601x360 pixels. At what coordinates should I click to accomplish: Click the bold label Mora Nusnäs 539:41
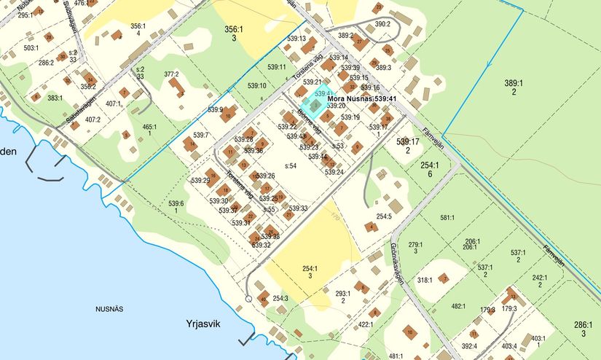coord(362,98)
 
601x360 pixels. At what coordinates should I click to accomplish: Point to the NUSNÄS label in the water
coord(110,309)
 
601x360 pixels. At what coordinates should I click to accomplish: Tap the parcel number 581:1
coord(447,217)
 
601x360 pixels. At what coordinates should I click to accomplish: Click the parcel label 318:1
coord(425,280)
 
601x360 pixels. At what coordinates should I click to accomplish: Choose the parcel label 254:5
coord(384,216)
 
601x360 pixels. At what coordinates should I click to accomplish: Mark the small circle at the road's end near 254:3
coord(248,298)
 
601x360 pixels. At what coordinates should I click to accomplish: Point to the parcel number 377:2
coord(171,74)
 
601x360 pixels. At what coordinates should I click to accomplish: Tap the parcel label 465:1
coord(149,127)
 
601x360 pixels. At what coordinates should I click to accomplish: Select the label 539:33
coord(299,208)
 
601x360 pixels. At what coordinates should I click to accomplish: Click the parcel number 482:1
coord(458,307)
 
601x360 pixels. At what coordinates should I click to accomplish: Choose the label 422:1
coord(365,325)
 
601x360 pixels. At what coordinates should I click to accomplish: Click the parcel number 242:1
coord(540,278)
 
